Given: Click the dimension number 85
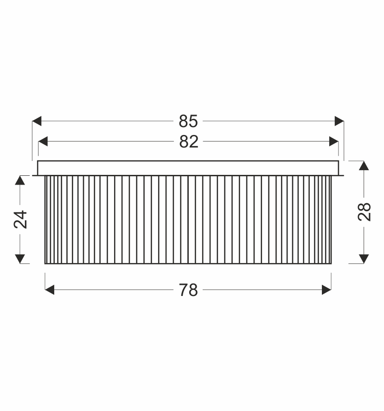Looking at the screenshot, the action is point(188,121).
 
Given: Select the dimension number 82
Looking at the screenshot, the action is point(189,141).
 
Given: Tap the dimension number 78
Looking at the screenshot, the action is point(188,290).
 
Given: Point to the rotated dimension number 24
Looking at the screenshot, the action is point(20,219).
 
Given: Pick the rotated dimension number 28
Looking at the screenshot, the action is point(365,212).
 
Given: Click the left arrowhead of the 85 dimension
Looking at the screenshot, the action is point(37,121).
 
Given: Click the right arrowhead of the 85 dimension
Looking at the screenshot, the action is point(339,121).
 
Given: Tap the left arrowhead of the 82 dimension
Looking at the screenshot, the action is point(43,141).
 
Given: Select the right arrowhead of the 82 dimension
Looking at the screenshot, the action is point(333,141).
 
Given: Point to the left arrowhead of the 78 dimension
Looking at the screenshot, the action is point(50,290).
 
